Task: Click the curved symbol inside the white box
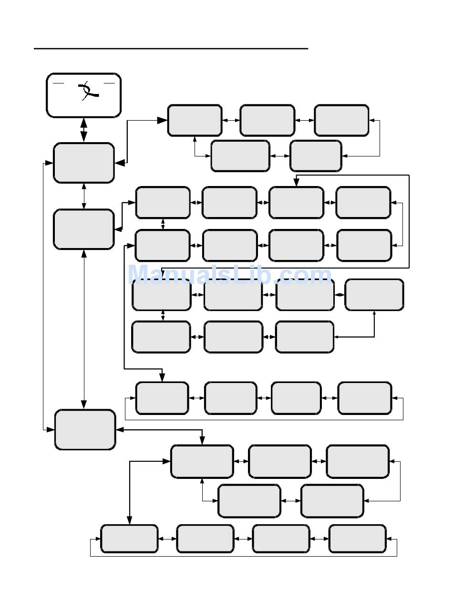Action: tap(88, 90)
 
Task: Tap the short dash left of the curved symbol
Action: tap(58, 83)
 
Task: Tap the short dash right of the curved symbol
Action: tap(109, 83)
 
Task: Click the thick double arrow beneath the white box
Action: tap(84, 130)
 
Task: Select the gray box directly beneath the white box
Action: tap(84, 163)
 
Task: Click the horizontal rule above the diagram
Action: tap(171, 49)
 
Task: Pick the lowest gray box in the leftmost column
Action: tap(85, 429)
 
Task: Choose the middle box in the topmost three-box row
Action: tap(267, 120)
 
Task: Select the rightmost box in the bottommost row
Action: tap(357, 539)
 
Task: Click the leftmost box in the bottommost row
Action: tap(129, 539)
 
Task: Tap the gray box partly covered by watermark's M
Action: tap(162, 295)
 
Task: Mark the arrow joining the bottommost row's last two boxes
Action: tap(319, 539)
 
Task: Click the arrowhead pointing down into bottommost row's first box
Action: tap(130, 520)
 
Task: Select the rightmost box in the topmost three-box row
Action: tap(341, 120)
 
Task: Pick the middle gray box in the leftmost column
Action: tap(84, 229)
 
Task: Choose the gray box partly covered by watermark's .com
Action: tap(305, 295)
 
